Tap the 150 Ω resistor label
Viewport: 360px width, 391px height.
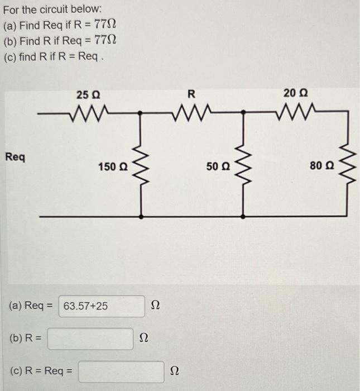click(x=112, y=166)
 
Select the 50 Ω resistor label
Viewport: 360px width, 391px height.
click(x=217, y=166)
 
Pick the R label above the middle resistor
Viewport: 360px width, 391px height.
click(x=191, y=93)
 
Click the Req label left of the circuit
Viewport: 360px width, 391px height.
click(x=15, y=157)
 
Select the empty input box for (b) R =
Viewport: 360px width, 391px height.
click(x=90, y=338)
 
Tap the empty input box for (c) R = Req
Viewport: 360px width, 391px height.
click(x=121, y=371)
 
